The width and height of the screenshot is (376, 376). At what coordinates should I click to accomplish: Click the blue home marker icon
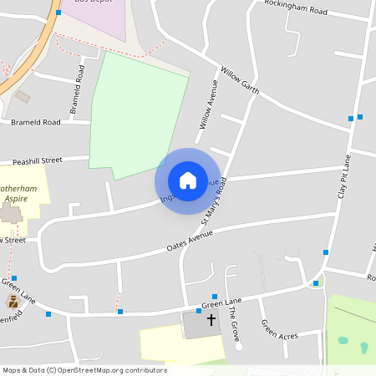point(188,180)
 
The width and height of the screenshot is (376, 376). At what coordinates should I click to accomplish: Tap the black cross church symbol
point(211,319)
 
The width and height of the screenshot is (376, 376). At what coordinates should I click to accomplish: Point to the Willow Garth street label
point(240,80)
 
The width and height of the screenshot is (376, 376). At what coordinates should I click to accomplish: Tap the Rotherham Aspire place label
point(18,194)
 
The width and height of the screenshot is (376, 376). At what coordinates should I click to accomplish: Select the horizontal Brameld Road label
point(35,122)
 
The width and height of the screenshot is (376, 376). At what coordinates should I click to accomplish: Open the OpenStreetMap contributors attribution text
point(84,369)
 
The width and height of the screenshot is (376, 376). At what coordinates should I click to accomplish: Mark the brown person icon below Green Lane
point(13,300)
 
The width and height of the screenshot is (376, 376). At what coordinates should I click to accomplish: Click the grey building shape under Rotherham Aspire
point(10,213)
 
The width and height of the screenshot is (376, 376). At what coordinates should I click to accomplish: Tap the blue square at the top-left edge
point(58,13)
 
